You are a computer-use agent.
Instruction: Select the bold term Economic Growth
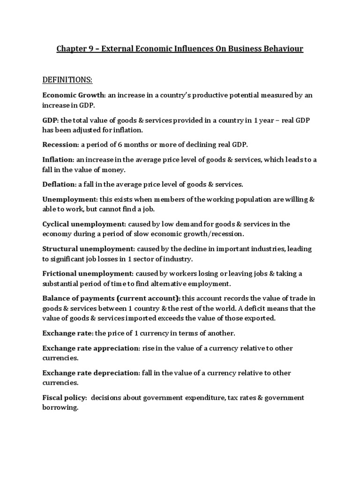pos(73,95)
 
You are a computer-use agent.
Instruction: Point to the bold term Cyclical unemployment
pos(84,224)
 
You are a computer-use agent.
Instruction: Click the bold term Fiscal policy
pos(64,397)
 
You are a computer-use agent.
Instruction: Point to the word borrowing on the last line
pos(60,407)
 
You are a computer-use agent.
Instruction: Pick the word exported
pos(261,318)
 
